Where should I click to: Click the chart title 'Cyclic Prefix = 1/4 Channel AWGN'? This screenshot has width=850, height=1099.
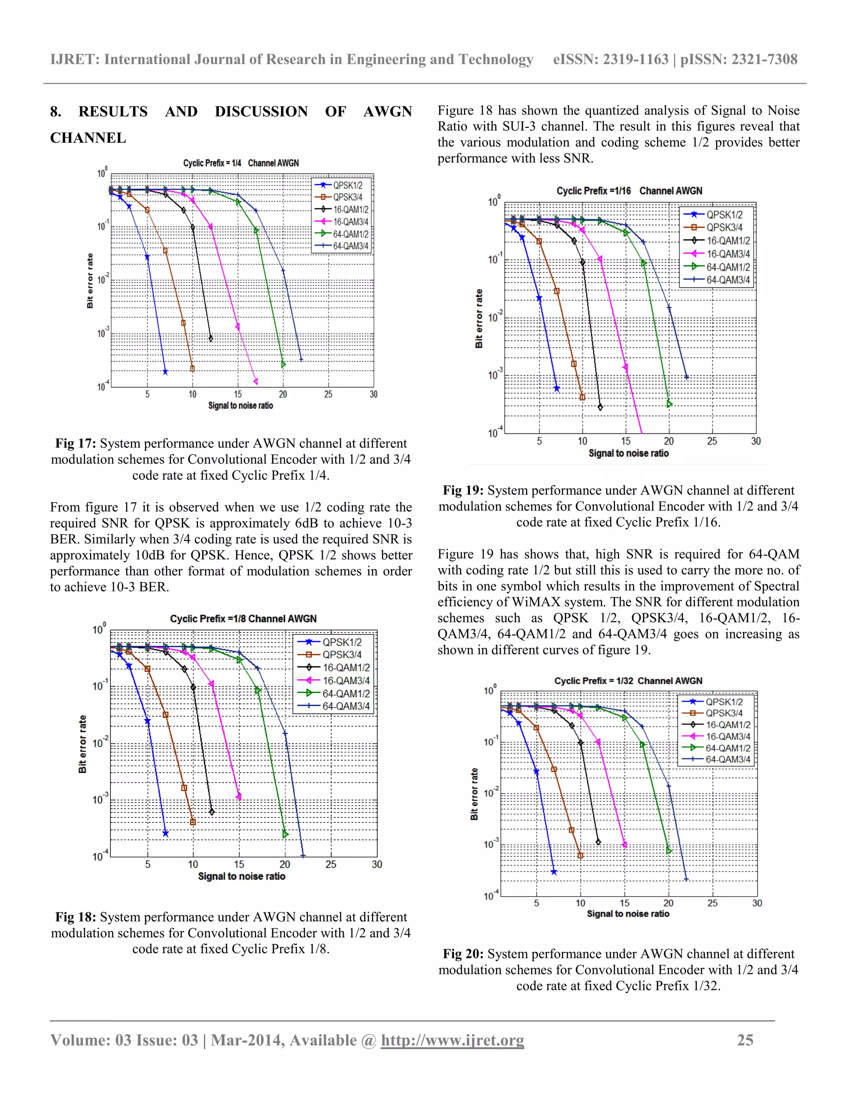tap(241, 163)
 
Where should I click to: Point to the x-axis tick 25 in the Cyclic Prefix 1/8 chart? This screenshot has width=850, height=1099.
tap(330, 865)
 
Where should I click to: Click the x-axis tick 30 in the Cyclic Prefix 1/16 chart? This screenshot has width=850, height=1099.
tap(755, 441)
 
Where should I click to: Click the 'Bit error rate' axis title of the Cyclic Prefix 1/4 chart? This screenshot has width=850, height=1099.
tap(90, 281)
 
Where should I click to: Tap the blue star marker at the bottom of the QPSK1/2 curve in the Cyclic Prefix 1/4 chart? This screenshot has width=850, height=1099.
tap(166, 372)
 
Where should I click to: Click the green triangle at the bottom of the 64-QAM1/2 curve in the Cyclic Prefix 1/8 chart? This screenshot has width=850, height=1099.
tap(286, 834)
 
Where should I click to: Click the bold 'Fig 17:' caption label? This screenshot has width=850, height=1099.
tap(75, 443)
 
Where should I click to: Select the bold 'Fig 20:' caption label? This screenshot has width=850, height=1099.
tap(463, 954)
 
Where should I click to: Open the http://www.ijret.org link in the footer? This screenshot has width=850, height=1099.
tap(452, 1040)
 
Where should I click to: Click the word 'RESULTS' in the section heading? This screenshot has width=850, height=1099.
tap(113, 111)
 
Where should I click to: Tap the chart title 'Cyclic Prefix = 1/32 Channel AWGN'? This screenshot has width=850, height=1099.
tap(628, 681)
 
